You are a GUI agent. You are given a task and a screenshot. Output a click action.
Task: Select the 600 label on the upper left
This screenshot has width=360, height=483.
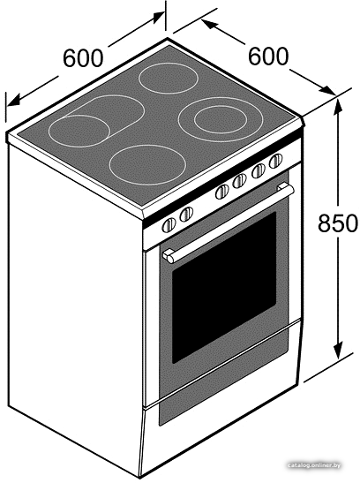[x=82, y=57]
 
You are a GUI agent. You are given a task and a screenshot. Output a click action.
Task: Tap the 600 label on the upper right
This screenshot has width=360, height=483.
[x=268, y=56]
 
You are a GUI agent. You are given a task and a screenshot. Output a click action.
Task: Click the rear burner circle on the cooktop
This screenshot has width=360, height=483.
[x=169, y=79]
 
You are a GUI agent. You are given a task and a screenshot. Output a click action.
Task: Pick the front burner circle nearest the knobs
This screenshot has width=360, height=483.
[x=147, y=165]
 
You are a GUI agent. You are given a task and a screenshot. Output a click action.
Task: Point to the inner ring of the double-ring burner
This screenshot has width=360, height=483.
[x=221, y=119]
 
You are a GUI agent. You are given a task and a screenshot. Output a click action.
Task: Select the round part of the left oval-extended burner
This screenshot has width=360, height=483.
[x=79, y=132]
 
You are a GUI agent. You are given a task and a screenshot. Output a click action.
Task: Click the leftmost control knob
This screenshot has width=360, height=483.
[x=169, y=224]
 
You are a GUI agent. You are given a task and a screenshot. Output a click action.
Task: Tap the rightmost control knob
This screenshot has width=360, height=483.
[x=275, y=161]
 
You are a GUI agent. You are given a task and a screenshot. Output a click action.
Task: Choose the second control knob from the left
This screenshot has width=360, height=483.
[x=186, y=214]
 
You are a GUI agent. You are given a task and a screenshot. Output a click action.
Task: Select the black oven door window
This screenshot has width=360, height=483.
[x=224, y=287]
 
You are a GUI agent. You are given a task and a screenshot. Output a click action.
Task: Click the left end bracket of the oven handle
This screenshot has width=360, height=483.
[x=169, y=256]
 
